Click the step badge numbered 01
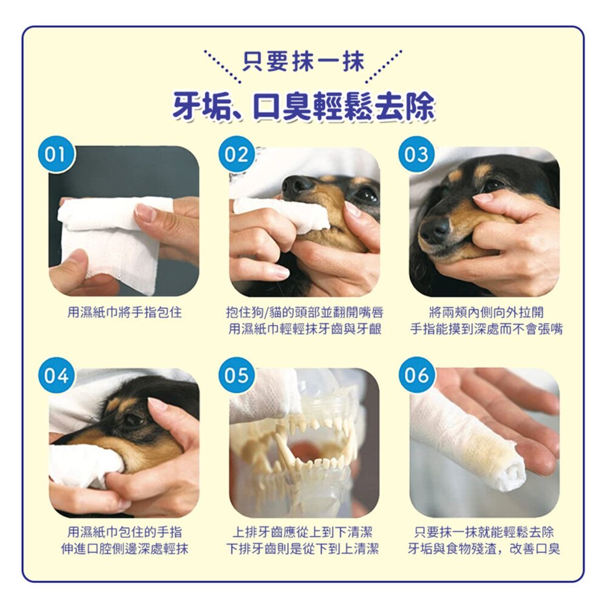[x=56, y=154]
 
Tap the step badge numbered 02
[x=237, y=154]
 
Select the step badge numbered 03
[x=417, y=154]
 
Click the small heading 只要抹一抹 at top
[x=303, y=62]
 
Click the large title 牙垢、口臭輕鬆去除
[x=303, y=106]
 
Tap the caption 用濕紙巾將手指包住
[x=124, y=312]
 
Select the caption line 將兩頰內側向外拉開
[x=486, y=312]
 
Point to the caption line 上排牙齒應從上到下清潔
[x=302, y=532]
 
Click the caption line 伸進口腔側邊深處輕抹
[x=124, y=549]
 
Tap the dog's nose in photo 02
[x=297, y=185]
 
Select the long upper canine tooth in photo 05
[x=285, y=449]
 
